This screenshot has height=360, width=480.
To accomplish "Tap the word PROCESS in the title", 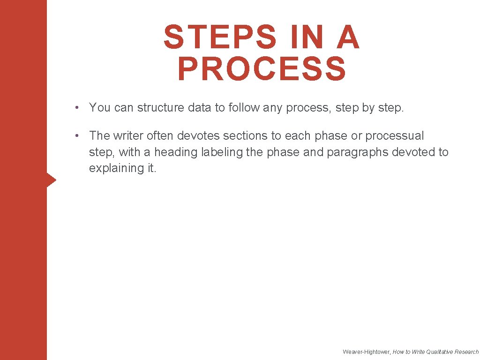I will click(262, 69).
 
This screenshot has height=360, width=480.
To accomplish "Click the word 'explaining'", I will click(113, 168).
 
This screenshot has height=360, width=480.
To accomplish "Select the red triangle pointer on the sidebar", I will click(52, 180).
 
